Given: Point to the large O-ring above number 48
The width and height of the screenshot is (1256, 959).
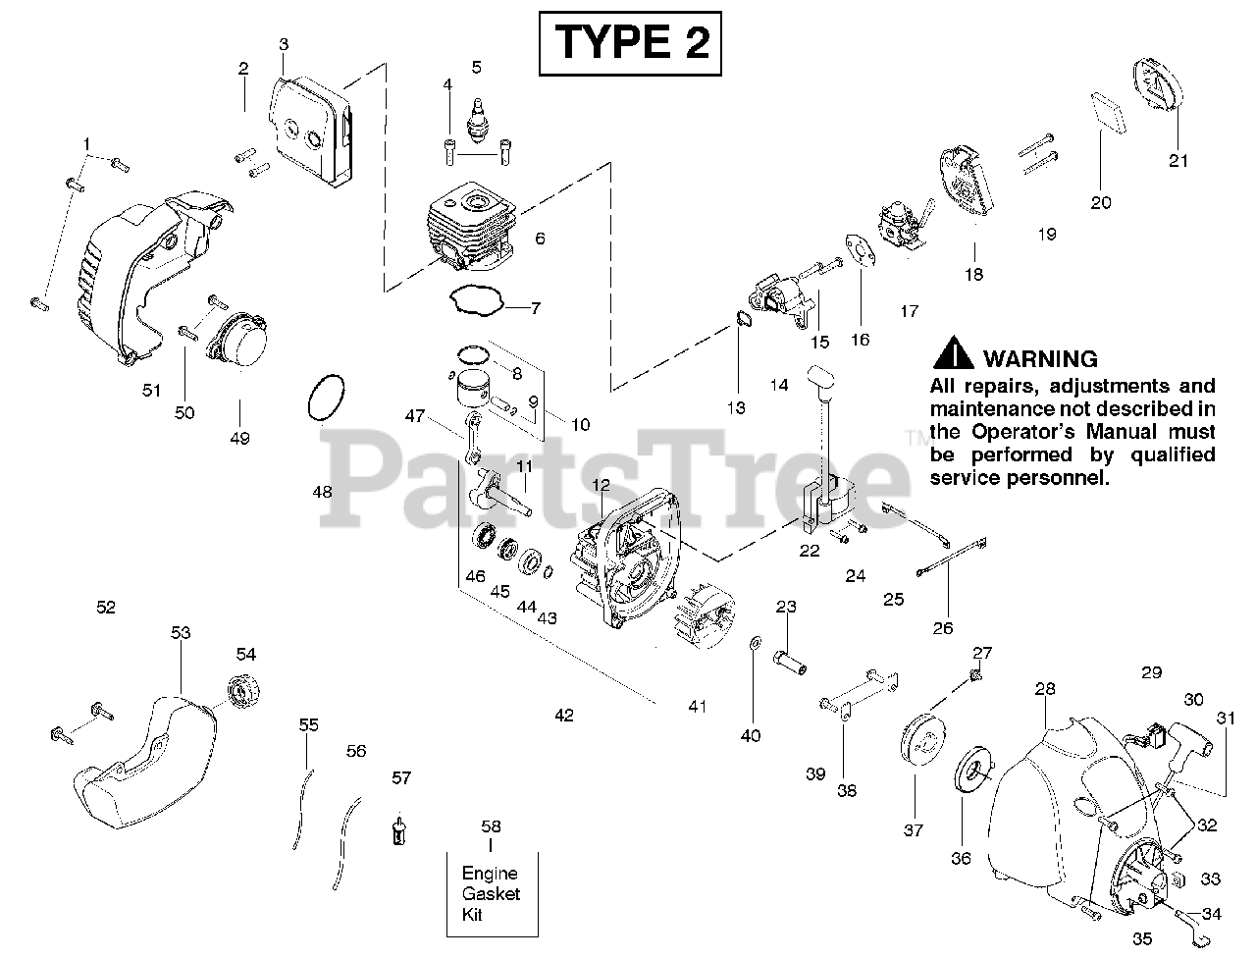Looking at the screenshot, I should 325,400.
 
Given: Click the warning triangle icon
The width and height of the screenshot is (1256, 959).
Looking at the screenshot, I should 952,355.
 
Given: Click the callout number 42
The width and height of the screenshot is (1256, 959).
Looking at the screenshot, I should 563,716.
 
